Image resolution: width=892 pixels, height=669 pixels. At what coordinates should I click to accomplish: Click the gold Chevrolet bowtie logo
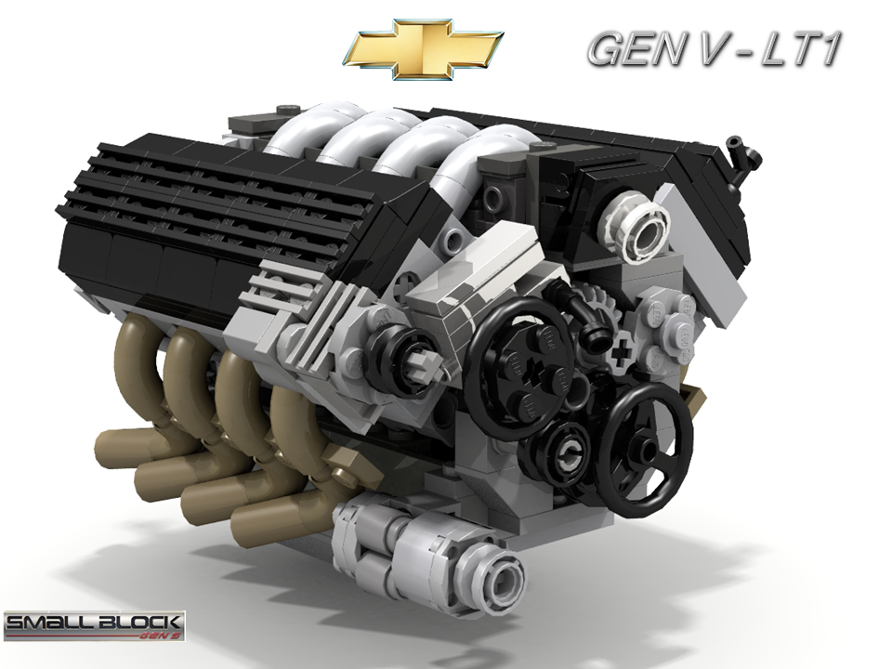coord(422,48)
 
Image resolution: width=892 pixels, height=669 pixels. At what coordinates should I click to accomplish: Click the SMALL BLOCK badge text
coord(93,621)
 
